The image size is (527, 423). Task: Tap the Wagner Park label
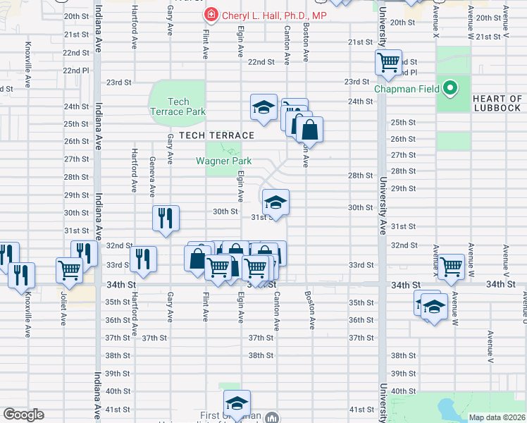click(223, 161)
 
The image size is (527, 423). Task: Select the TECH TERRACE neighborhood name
click(216, 135)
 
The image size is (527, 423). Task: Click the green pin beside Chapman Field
click(447, 89)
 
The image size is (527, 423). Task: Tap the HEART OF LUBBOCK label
click(497, 102)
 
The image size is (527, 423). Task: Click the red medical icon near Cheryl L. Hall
click(211, 16)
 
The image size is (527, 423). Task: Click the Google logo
click(23, 415)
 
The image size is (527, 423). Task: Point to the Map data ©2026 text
click(496, 417)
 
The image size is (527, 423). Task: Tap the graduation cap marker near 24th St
click(263, 108)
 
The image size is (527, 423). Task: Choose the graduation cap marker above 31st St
click(275, 202)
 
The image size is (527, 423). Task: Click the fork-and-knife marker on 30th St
click(166, 217)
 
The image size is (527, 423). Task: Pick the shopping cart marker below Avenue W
click(450, 266)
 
